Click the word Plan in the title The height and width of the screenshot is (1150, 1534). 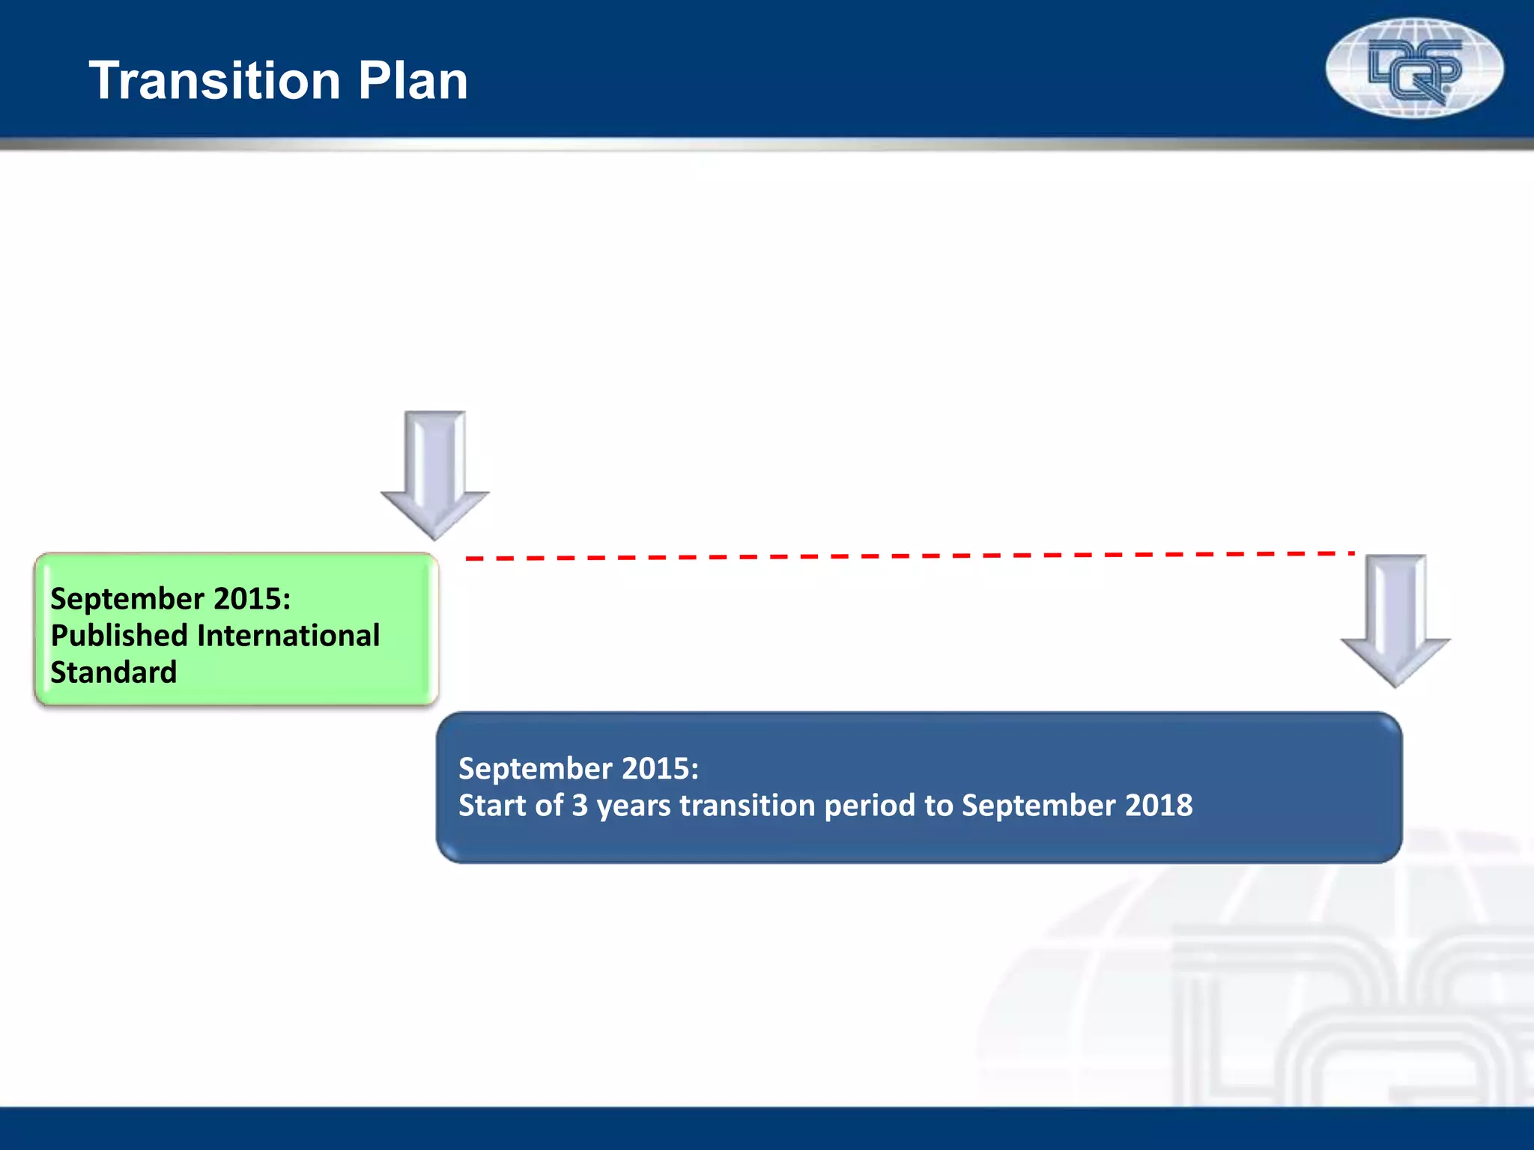[x=413, y=81]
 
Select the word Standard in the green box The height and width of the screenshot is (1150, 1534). [x=114, y=672]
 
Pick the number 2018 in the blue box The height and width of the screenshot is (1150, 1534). [x=1159, y=806]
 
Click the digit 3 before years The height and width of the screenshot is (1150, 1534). [x=580, y=806]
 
